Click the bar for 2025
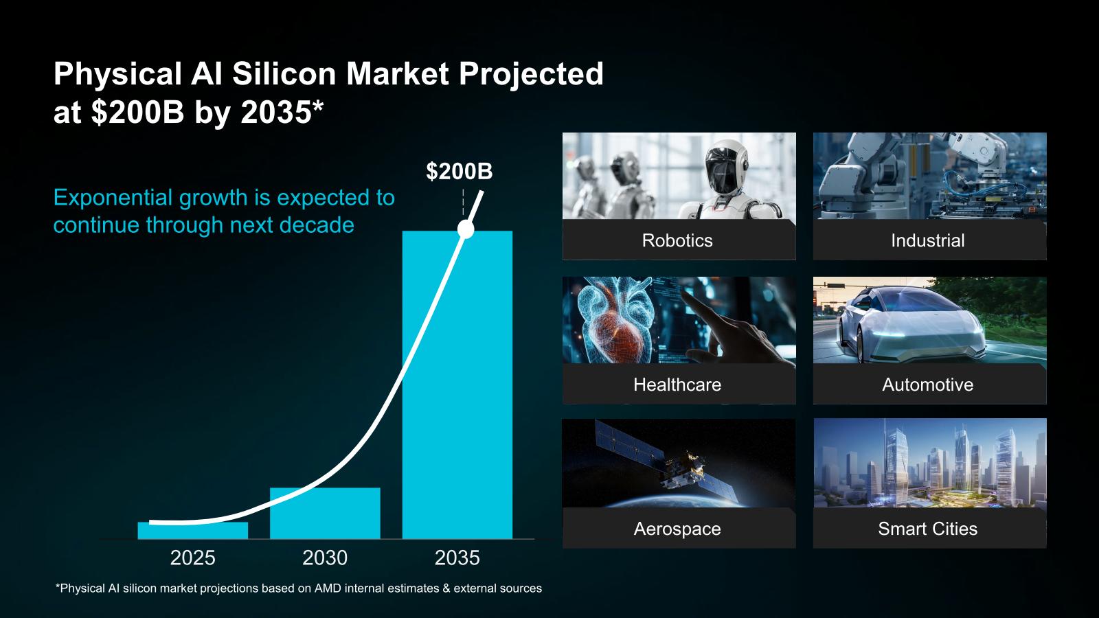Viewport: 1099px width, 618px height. [193, 531]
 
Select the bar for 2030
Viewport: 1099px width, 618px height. [325, 514]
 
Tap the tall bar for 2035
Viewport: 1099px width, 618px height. [457, 385]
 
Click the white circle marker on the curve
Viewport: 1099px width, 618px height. [466, 229]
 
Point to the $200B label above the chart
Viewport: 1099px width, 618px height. [460, 171]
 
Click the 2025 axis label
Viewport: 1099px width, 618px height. [193, 558]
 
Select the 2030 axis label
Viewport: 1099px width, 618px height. [325, 558]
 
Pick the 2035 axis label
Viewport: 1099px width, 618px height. [457, 558]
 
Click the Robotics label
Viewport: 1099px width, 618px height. [677, 240]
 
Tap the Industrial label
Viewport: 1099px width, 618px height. [928, 240]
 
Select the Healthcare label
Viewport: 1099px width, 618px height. [677, 385]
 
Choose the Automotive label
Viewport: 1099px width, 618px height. [928, 385]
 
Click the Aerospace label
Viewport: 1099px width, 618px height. [677, 529]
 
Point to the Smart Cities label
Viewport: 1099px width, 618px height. [928, 529]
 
